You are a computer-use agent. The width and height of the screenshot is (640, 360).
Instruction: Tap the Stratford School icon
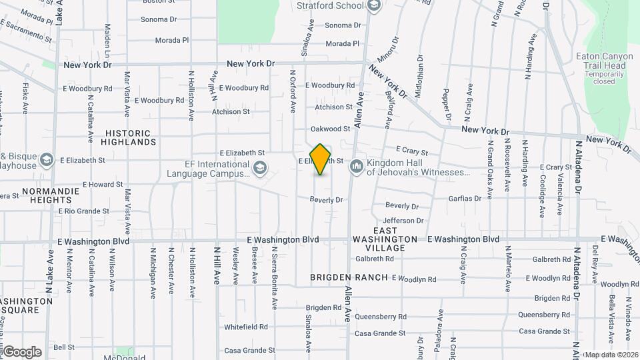(x=373, y=6)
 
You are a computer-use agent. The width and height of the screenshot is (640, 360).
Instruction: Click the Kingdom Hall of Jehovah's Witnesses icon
(x=357, y=165)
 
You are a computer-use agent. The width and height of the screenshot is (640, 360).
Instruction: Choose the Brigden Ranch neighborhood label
(x=349, y=277)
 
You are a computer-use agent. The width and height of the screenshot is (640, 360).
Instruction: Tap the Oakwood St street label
(x=330, y=129)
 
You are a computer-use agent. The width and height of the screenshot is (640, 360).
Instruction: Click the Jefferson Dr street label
(x=403, y=221)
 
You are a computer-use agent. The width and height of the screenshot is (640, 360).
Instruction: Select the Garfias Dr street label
(x=465, y=198)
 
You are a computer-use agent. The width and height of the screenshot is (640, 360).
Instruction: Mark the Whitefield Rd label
(x=246, y=327)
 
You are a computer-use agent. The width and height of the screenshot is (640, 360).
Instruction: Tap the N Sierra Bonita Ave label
(x=274, y=278)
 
